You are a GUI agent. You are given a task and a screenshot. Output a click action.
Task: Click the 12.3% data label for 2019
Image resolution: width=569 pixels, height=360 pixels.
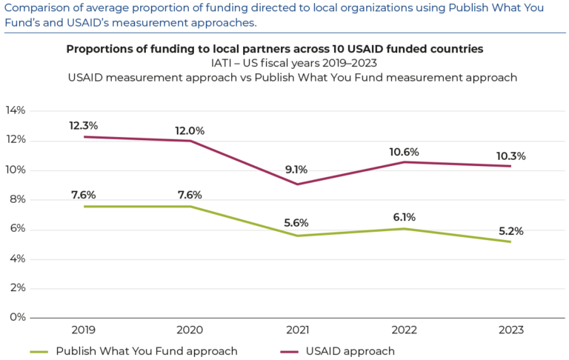click(x=83, y=126)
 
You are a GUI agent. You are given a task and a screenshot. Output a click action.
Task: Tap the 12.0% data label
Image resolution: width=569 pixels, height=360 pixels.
click(x=190, y=130)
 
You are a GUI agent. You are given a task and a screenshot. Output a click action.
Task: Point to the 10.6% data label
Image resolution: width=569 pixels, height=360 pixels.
click(x=404, y=152)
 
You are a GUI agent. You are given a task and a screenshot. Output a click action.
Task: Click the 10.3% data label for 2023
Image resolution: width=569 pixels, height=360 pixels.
click(x=510, y=156)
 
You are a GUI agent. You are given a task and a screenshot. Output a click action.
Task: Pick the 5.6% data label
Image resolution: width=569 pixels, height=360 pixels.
click(x=297, y=223)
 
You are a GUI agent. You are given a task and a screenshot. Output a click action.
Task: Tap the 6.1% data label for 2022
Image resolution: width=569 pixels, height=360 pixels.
click(x=404, y=217)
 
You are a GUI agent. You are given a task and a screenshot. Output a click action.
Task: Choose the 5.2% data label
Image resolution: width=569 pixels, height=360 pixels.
click(x=510, y=231)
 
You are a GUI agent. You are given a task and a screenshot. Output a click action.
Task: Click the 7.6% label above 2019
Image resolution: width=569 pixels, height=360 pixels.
click(x=83, y=195)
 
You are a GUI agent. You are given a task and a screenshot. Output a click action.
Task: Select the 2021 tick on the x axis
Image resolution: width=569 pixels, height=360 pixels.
click(x=297, y=330)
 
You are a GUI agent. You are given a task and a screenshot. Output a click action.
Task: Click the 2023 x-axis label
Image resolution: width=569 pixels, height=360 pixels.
click(x=510, y=330)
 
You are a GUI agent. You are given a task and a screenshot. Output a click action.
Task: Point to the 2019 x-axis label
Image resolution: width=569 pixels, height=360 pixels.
click(x=83, y=330)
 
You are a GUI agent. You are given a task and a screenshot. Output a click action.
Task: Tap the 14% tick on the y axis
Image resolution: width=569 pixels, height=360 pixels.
click(x=16, y=110)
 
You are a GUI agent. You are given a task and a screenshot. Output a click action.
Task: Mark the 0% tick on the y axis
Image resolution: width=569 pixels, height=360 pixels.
click(x=18, y=318)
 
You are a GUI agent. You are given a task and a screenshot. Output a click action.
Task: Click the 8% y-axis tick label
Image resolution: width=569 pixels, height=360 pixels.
click(x=18, y=199)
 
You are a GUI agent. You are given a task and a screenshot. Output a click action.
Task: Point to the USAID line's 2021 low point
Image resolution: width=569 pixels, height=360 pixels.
click(x=297, y=184)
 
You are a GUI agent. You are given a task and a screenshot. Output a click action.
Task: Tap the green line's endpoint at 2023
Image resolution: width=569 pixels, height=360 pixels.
click(x=510, y=241)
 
